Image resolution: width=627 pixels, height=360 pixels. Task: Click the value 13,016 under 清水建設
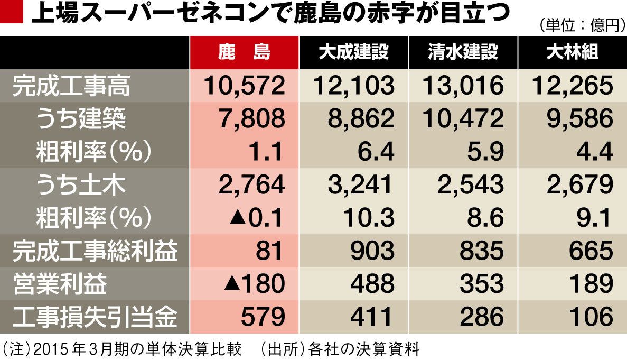(462, 86)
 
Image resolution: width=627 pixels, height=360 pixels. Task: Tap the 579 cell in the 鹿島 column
(262, 317)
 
